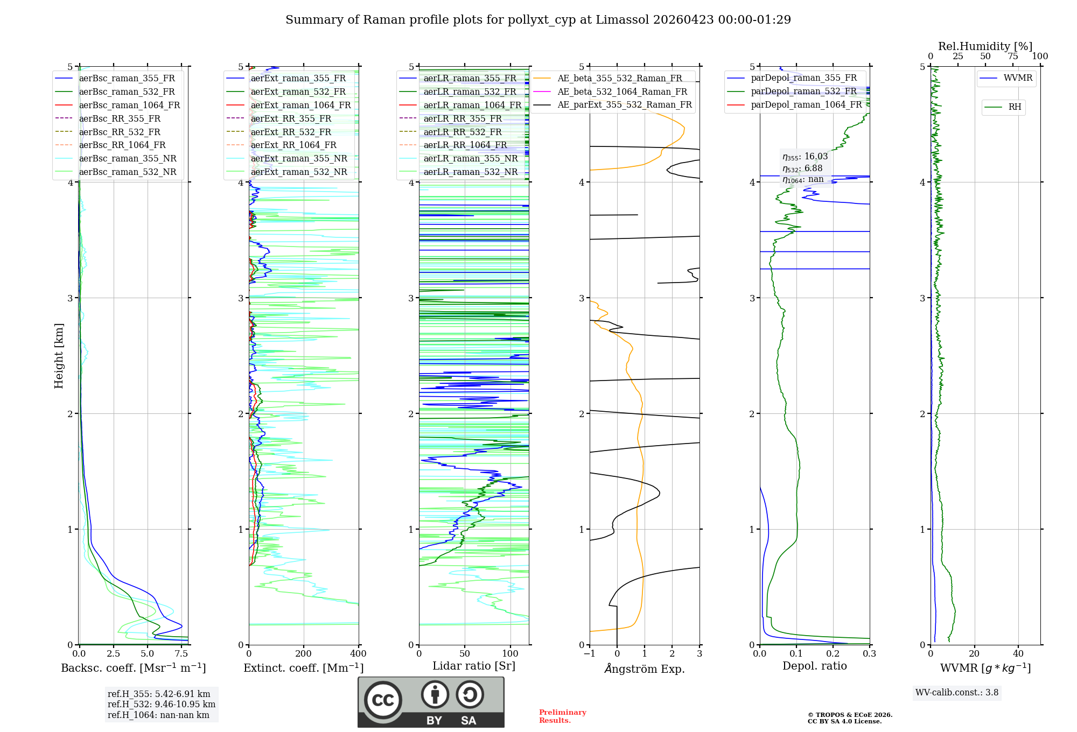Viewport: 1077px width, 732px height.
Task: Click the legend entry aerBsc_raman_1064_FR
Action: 129,105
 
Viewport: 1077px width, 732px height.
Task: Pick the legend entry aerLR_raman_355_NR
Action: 470,158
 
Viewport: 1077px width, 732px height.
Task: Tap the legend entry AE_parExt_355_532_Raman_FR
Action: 624,104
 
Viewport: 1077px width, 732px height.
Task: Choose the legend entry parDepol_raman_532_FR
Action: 803,91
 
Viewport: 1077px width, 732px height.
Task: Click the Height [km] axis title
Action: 59,356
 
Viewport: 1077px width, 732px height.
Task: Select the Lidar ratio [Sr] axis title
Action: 473,666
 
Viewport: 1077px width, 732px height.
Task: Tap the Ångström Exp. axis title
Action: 645,668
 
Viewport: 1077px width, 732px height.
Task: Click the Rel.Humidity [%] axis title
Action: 985,46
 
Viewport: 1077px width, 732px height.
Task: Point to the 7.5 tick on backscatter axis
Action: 181,654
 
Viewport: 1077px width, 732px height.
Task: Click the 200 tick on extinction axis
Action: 304,654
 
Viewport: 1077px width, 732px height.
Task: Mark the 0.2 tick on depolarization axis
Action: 833,654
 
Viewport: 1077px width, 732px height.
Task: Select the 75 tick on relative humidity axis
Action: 1012,57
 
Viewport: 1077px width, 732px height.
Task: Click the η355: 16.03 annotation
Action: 805,157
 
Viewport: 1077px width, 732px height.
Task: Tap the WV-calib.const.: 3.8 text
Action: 956,693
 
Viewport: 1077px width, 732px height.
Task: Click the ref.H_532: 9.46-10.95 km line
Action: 161,705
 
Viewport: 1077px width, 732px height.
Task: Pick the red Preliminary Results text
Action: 562,716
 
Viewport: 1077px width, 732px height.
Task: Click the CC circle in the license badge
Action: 383,700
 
